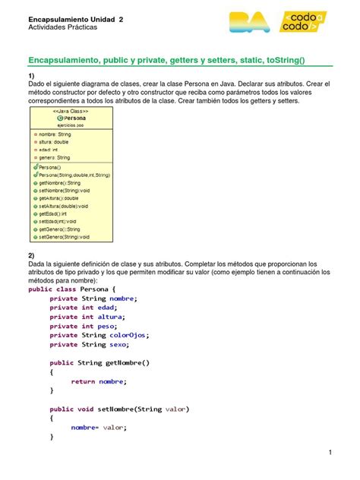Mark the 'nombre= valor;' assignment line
point(99,427)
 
